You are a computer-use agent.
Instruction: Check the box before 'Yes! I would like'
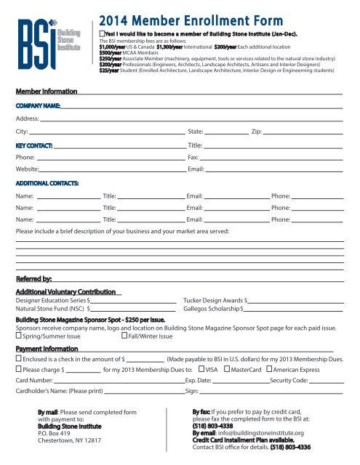[x=102, y=34]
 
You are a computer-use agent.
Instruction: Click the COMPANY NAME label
[x=39, y=105]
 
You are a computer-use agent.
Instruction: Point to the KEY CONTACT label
[x=33, y=145]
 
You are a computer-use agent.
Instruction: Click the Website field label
[x=28, y=169]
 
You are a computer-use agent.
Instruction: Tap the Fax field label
[x=193, y=157]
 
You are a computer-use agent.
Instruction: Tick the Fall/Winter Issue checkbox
[x=124, y=336]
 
